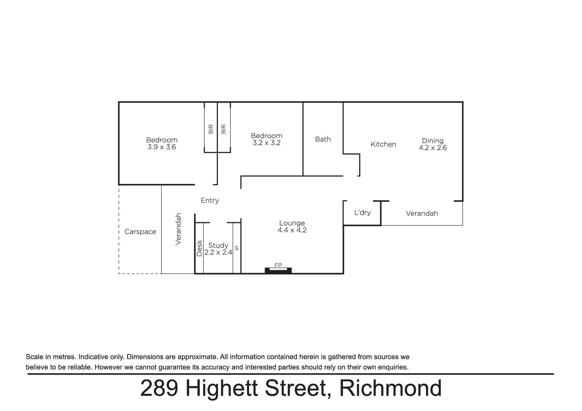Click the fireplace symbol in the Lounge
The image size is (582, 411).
coord(278,271)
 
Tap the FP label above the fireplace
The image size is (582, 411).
coord(278,265)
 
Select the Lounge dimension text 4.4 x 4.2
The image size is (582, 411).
coord(292,230)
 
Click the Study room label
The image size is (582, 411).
coord(218,245)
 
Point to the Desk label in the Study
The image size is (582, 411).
coord(199,248)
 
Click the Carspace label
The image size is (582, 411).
coord(140,232)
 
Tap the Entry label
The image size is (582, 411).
coord(210,200)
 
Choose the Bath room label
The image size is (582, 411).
coord(323,139)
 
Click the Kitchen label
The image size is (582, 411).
coord(383,144)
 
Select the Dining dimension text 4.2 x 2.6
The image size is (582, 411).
coord(433,148)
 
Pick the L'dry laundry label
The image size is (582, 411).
coord(363,213)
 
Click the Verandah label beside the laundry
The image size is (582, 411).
coord(422,213)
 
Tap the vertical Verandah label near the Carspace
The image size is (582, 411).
coord(178,229)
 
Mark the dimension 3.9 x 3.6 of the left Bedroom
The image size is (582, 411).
coord(162,147)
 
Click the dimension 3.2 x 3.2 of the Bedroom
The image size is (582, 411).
coord(267,143)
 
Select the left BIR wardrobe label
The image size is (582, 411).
coord(211,129)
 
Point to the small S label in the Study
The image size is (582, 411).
coord(237,248)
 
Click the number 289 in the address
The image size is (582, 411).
coord(159,388)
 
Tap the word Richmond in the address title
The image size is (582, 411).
coord(391,388)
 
